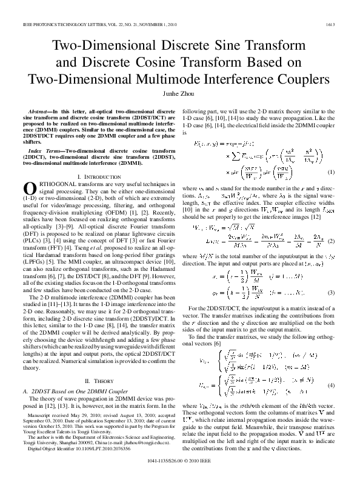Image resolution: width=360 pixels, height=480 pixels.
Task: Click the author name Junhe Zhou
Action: click(x=180, y=95)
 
